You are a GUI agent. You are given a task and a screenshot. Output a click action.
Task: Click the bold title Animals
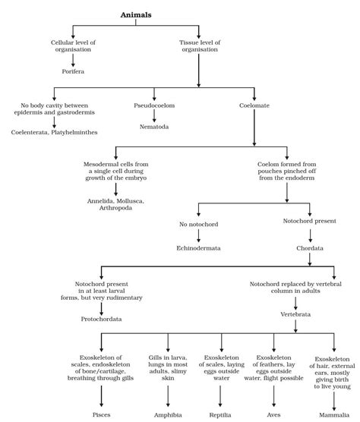pyautogui.click(x=137, y=14)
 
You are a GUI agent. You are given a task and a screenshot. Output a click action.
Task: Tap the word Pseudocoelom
pyautogui.click(x=154, y=108)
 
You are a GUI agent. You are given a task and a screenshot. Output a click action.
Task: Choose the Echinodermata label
pyautogui.click(x=198, y=247)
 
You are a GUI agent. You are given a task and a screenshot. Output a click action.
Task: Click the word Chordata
pyautogui.click(x=311, y=247)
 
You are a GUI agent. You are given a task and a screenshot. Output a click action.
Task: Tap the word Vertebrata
pyautogui.click(x=296, y=313)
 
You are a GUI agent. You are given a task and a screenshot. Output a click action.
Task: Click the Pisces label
pyautogui.click(x=101, y=414)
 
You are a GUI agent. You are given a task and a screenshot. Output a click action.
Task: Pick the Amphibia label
pyautogui.click(x=167, y=414)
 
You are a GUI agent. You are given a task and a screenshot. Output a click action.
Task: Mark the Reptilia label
pyautogui.click(x=220, y=414)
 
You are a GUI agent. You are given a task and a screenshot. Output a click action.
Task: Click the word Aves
pyautogui.click(x=273, y=414)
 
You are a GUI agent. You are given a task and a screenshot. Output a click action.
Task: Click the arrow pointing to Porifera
pyautogui.click(x=73, y=58)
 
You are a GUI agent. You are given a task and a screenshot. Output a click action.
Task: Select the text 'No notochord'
pyautogui.click(x=198, y=225)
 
